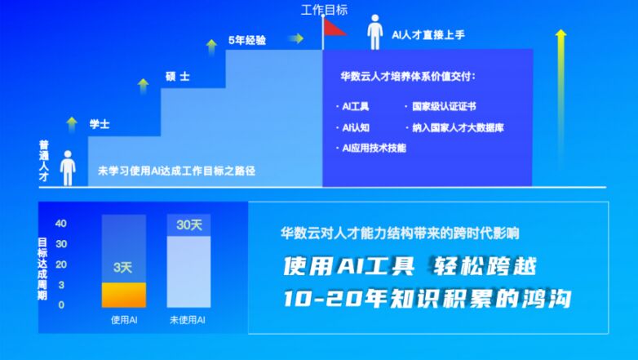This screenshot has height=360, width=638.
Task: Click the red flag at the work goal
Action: (x=335, y=27)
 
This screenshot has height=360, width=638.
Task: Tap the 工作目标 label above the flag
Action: (x=324, y=10)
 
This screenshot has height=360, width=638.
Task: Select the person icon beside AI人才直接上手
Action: (x=374, y=33)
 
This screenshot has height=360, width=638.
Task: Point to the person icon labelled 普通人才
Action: (x=68, y=168)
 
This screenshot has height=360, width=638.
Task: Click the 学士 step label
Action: (x=100, y=124)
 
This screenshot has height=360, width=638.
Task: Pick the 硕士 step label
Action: (x=177, y=77)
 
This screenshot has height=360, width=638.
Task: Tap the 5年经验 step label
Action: (x=247, y=40)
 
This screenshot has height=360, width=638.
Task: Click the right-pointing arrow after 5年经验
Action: (x=296, y=38)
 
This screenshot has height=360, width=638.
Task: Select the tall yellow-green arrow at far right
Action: (x=561, y=98)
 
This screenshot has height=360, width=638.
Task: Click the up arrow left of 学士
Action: (x=72, y=124)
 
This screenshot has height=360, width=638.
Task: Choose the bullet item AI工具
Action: (x=352, y=107)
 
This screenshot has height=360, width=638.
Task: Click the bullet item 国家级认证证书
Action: (x=441, y=107)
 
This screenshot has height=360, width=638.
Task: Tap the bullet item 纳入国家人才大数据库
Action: (x=454, y=128)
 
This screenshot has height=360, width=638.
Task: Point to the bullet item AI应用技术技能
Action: (x=371, y=149)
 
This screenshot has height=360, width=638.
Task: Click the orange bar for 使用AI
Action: (x=124, y=295)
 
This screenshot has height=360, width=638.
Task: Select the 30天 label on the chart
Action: (x=189, y=224)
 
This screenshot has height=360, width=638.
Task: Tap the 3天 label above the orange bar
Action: (x=123, y=268)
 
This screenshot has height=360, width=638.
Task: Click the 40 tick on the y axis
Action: (x=61, y=223)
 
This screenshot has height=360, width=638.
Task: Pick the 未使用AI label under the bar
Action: (x=188, y=320)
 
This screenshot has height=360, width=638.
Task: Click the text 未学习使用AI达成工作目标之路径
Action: (x=176, y=171)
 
